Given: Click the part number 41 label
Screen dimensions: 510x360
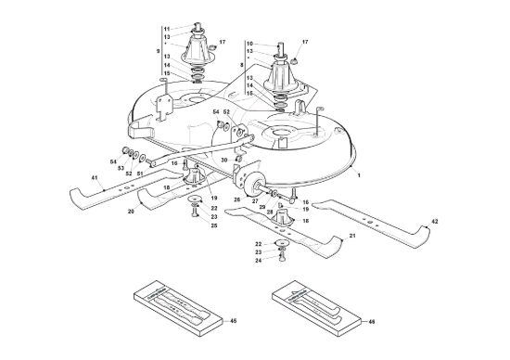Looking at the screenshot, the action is pos(95,178).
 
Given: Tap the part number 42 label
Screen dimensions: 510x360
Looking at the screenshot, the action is pos(435,222).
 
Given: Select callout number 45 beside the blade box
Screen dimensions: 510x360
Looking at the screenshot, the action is pos(233,321).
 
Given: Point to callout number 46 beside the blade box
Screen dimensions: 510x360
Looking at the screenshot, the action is pos(372,322).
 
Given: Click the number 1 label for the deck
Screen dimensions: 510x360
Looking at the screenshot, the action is pos(359,175).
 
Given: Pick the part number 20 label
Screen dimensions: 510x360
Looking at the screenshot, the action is pos(131,212).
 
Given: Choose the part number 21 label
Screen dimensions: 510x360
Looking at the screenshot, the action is pos(352,236).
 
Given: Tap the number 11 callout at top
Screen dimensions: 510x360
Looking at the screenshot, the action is pos(167,29).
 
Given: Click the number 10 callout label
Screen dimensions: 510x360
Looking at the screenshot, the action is pos(249,44).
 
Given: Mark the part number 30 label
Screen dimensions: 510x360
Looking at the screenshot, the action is pos(224,161).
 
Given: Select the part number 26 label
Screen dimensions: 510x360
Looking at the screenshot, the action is pos(237,199).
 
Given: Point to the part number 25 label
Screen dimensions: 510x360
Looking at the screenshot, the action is pos(214,225).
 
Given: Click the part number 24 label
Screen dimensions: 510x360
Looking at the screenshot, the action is pos(259,261).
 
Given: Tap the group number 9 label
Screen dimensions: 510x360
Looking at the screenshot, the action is pos(158,51).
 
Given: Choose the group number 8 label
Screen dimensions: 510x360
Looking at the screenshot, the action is pos(241,66).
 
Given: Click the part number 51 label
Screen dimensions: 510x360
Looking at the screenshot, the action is pos(140,174).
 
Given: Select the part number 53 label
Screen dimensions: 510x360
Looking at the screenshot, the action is pos(121,168).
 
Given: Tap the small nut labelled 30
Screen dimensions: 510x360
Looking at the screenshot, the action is pos(238,159).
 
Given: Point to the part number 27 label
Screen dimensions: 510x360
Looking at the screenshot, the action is pos(255,201).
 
